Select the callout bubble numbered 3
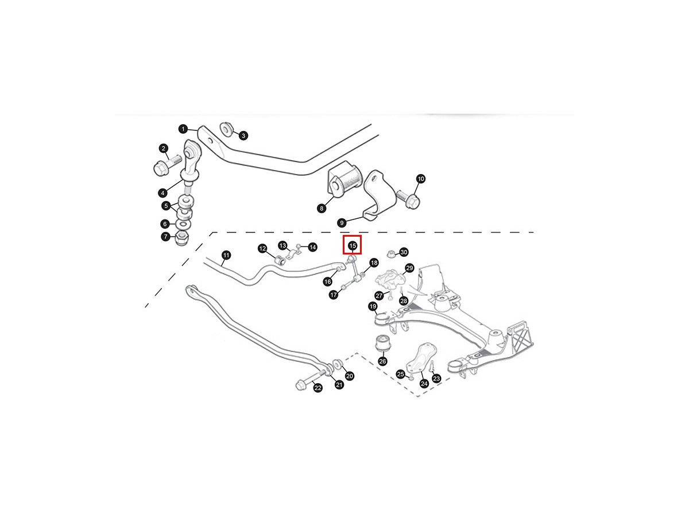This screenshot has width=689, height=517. click(x=243, y=136)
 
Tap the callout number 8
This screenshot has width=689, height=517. click(x=322, y=209)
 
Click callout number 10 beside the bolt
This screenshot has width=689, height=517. click(x=420, y=179)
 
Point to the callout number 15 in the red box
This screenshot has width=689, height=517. click(x=353, y=245)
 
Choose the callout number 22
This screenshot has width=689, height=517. click(x=318, y=388)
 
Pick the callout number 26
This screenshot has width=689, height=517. click(x=382, y=361)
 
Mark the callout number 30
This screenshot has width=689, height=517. click(x=404, y=252)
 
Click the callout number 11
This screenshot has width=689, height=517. click(x=226, y=255)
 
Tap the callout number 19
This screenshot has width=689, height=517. click(x=373, y=307)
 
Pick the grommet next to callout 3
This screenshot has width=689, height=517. click(x=226, y=130)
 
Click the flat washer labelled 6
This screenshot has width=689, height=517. click(x=184, y=224)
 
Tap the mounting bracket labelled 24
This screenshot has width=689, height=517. click(x=421, y=358)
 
